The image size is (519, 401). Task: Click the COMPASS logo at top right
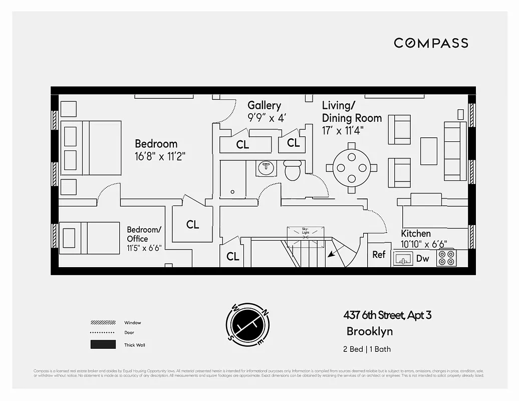(x=431, y=43)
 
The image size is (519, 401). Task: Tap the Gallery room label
(x=264, y=105)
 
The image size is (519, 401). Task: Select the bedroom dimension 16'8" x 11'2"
(x=160, y=156)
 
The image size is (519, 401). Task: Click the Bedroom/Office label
(x=144, y=234)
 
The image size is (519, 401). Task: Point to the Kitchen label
(x=415, y=234)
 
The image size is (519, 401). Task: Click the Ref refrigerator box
(x=379, y=255)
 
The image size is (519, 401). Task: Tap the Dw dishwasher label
(x=422, y=259)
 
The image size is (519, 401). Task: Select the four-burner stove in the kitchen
(x=446, y=258)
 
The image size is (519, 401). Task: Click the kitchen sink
(x=403, y=258)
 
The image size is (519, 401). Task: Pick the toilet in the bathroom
(x=292, y=170)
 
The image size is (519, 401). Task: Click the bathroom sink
(x=266, y=168)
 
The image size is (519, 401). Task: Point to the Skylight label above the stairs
(x=305, y=231)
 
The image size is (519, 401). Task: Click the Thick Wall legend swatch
(x=103, y=345)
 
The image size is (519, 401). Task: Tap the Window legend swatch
(x=103, y=322)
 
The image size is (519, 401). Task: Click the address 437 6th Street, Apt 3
(x=387, y=315)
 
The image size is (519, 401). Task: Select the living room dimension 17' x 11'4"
(x=343, y=130)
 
